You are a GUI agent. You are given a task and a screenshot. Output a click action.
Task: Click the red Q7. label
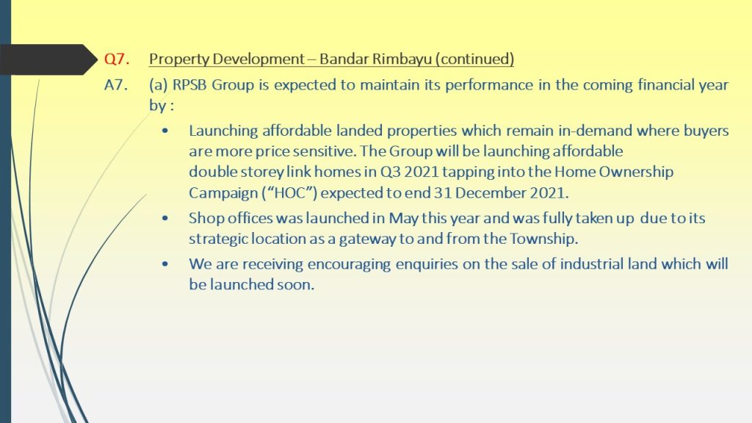(x=117, y=59)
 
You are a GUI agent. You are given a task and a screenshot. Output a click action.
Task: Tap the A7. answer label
(x=116, y=85)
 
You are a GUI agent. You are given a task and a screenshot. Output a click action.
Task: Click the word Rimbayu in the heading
(x=401, y=59)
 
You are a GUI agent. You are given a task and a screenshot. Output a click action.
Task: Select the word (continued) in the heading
(x=474, y=59)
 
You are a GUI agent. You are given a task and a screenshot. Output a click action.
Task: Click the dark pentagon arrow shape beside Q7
(x=48, y=59)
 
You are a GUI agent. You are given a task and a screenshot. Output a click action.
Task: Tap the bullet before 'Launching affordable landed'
(x=165, y=131)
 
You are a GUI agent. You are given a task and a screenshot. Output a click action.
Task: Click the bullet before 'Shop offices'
(x=165, y=218)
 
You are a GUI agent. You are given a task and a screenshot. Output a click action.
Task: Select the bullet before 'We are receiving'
(x=165, y=264)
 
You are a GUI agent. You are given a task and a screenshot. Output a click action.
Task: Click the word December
(x=489, y=193)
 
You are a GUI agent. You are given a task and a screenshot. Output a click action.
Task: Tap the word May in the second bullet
(x=403, y=218)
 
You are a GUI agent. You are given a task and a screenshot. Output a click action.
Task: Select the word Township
(x=544, y=239)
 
